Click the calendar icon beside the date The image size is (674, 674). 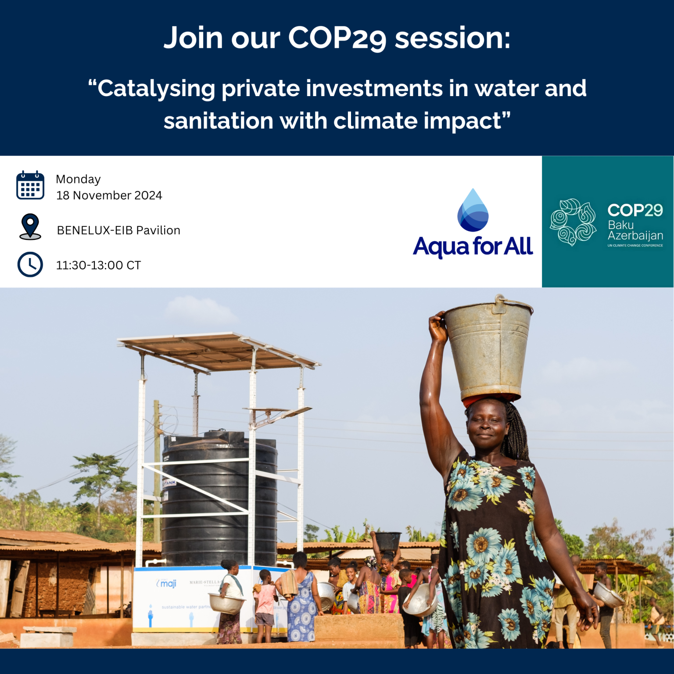pyautogui.click(x=30, y=185)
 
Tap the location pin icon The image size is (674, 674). pyautogui.click(x=30, y=226)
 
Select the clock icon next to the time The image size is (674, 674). pyautogui.click(x=30, y=265)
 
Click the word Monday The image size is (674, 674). pyautogui.click(x=78, y=179)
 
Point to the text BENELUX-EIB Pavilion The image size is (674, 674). pyautogui.click(x=118, y=230)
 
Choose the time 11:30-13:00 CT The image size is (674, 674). pyautogui.click(x=98, y=265)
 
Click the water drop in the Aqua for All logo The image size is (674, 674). pyautogui.click(x=473, y=211)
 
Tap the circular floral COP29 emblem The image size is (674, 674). pyautogui.click(x=573, y=222)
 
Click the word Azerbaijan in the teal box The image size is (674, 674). pyautogui.click(x=635, y=236)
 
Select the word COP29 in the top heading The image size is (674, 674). pyautogui.click(x=337, y=38)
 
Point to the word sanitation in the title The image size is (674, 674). pyautogui.click(x=218, y=121)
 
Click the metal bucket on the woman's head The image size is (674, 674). pyautogui.click(x=488, y=347)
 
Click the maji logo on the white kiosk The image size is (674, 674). pyautogui.click(x=167, y=584)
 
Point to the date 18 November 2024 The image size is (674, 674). pyautogui.click(x=109, y=196)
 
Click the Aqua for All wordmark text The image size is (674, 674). pyautogui.click(x=473, y=246)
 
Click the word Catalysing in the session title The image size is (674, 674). pyautogui.click(x=156, y=89)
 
